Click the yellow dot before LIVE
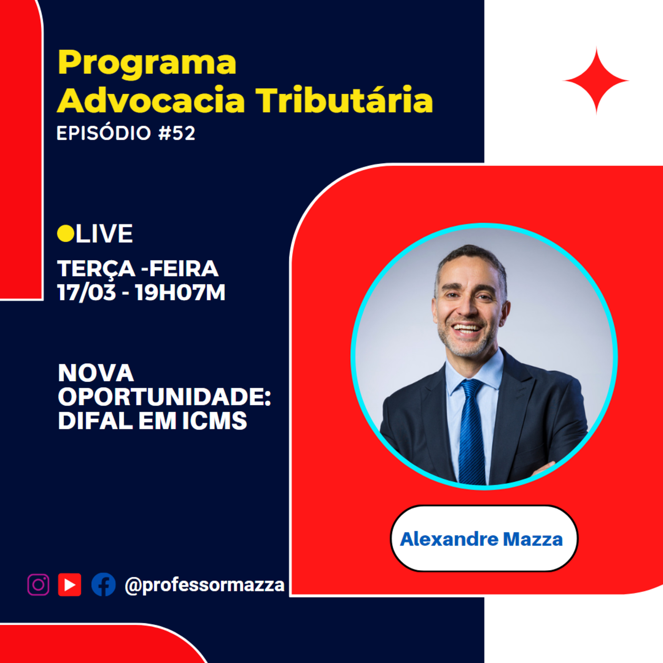(x=66, y=234)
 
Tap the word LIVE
(x=104, y=234)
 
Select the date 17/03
(x=86, y=293)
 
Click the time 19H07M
(x=181, y=293)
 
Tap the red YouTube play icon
(x=70, y=585)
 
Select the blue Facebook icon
(x=103, y=585)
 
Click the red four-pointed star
(x=596, y=81)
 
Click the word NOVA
(x=96, y=373)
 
